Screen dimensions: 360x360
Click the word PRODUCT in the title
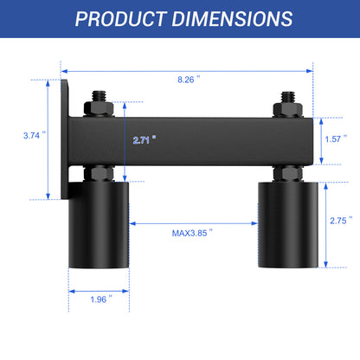(120, 18)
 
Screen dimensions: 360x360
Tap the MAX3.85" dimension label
(192, 233)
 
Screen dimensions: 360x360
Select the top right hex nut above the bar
(285, 109)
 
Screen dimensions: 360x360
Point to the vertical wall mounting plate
(67, 138)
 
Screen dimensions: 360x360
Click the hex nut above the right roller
(285, 171)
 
